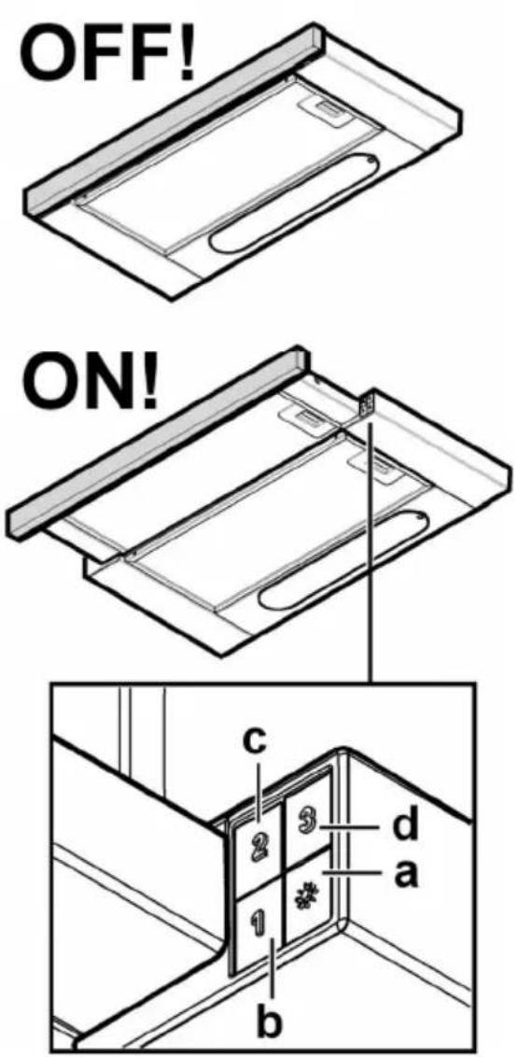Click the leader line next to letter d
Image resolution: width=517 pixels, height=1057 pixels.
[x=353, y=825]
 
